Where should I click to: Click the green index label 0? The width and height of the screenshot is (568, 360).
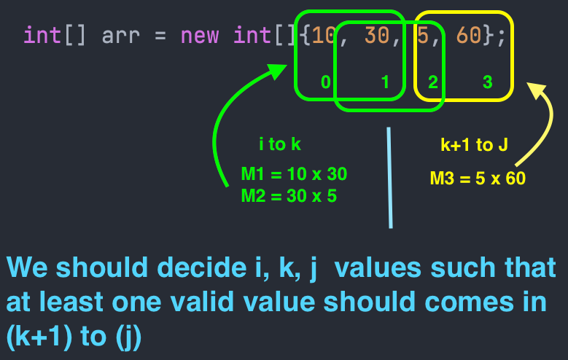click(x=325, y=82)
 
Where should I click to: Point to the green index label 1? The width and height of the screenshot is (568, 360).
click(x=386, y=82)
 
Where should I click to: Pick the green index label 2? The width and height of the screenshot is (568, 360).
click(x=432, y=82)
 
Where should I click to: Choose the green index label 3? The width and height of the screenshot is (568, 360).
click(x=487, y=82)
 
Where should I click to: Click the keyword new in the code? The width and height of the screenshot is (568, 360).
click(x=198, y=35)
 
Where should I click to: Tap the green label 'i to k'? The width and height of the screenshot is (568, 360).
click(x=279, y=144)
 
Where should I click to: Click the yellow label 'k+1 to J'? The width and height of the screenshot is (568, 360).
click(x=473, y=145)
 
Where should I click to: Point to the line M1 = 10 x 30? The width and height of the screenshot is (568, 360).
click(x=294, y=175)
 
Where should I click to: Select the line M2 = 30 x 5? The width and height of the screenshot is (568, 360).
click(x=289, y=196)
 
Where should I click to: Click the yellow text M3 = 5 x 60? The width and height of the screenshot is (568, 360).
click(x=478, y=178)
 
